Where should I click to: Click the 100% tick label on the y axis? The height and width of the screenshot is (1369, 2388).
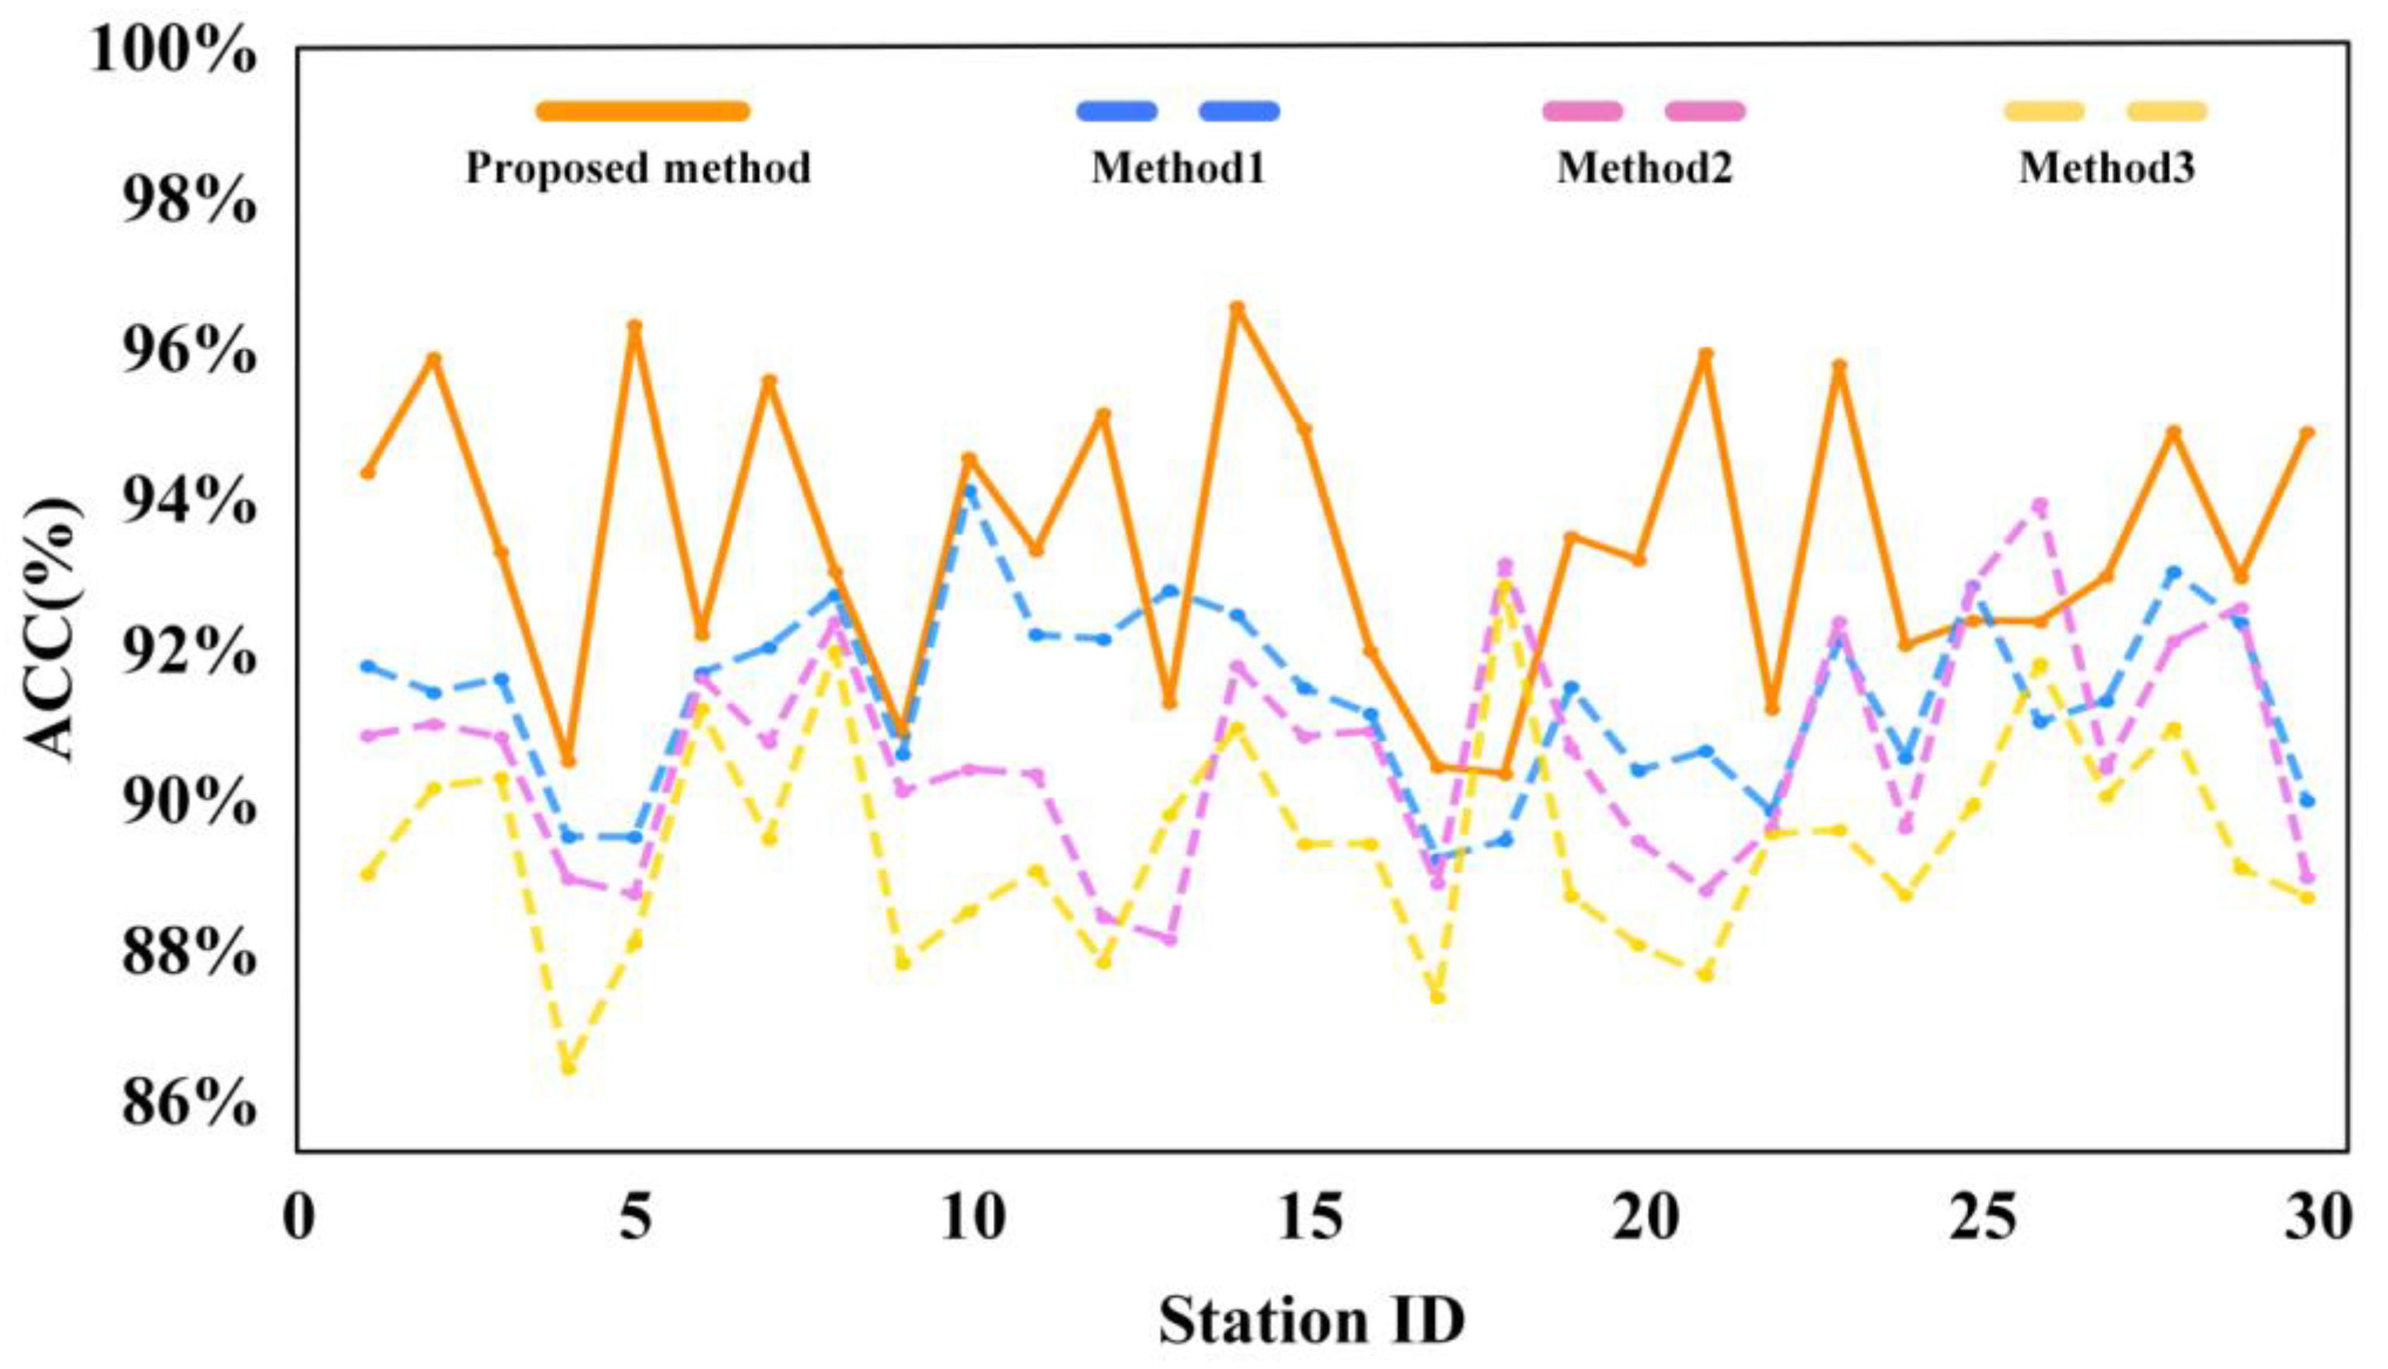[173, 51]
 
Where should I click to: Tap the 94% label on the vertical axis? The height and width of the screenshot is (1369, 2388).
[188, 503]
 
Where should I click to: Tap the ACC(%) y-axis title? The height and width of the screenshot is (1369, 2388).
[52, 629]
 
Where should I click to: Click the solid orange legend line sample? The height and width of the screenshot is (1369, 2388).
[643, 112]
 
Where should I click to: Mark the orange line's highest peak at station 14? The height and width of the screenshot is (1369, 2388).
[1237, 306]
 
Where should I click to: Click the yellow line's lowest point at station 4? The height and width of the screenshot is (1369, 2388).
[568, 1067]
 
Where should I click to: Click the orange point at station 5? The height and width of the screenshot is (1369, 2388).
[635, 325]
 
